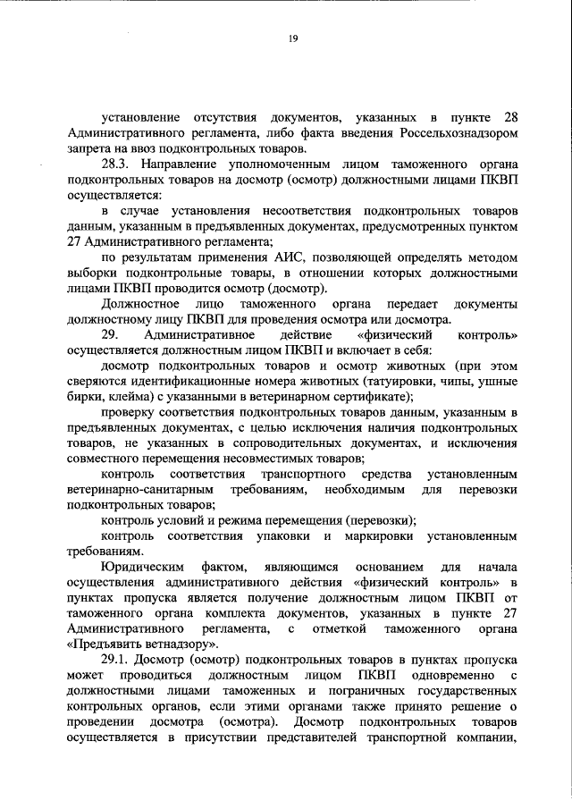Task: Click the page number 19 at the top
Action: click(292, 38)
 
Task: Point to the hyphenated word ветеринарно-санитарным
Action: click(140, 490)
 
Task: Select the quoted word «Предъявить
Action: click(109, 645)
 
